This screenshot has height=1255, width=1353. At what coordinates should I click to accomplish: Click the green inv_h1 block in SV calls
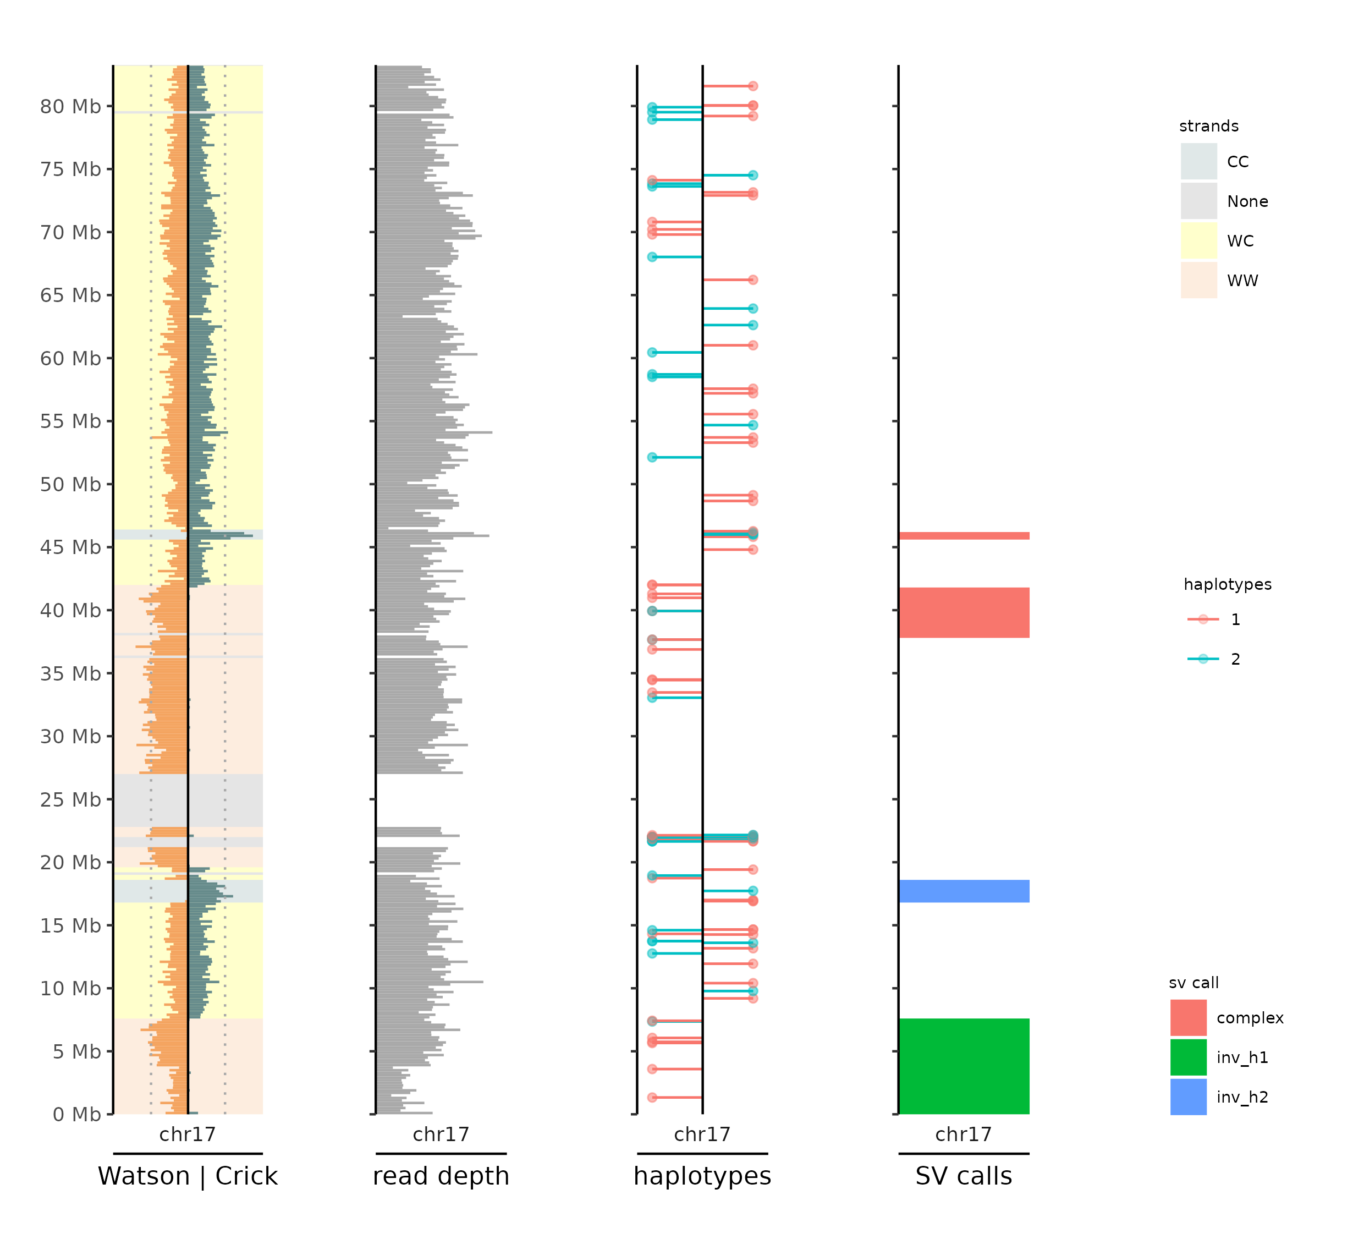point(964,1066)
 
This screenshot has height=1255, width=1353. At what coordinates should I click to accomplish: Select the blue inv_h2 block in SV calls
point(964,891)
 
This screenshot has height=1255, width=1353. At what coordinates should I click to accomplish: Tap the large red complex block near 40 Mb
point(964,612)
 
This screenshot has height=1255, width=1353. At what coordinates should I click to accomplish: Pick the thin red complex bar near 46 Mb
point(964,536)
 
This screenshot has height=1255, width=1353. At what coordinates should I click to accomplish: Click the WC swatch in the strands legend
point(1198,241)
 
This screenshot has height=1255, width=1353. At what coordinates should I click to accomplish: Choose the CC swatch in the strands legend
point(1198,162)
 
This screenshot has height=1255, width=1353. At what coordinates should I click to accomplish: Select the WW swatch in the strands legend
point(1198,281)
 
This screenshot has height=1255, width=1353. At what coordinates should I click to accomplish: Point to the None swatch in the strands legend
point(1198,201)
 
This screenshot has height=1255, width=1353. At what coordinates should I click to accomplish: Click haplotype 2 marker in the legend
point(1203,659)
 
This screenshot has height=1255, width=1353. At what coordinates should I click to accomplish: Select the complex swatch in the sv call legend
point(1188,1018)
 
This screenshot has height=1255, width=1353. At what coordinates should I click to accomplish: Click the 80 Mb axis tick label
point(70,107)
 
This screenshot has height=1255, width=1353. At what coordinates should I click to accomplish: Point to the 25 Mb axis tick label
point(70,799)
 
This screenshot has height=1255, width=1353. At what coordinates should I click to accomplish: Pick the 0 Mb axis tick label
point(76,1114)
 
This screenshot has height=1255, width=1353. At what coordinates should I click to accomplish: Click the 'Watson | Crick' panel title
point(188,1176)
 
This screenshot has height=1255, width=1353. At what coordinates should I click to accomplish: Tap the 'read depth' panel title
point(441,1176)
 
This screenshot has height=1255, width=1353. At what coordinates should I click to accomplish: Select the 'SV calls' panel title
point(964,1176)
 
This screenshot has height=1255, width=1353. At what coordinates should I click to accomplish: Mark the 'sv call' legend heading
point(1193,983)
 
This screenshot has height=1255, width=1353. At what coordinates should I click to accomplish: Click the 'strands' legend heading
point(1208,127)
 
